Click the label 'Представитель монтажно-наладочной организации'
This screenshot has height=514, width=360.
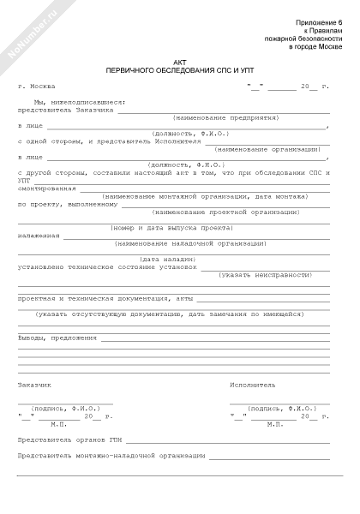111,456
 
